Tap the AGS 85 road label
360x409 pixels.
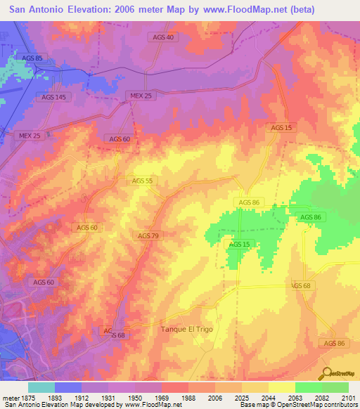(32, 57)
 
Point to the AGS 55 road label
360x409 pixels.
(142, 181)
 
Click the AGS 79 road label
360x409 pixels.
(148, 235)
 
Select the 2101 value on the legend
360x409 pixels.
(349, 397)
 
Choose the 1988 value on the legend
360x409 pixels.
(188, 397)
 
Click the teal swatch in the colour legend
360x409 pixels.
(41, 387)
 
